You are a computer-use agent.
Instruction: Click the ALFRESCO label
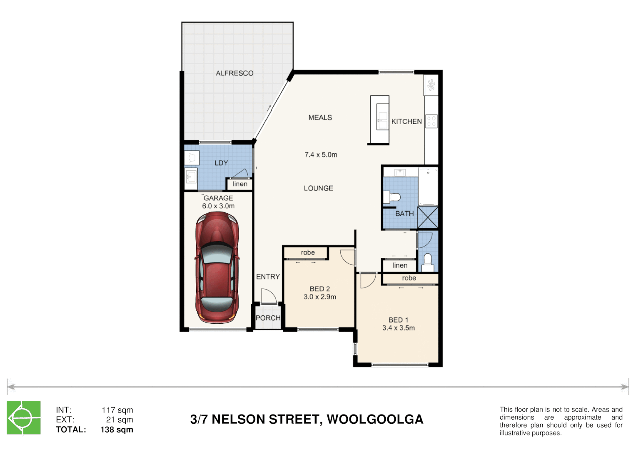[234, 73]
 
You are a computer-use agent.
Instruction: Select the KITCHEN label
[407, 122]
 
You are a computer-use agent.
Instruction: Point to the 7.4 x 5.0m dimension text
[321, 155]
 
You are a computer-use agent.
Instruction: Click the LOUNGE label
[318, 188]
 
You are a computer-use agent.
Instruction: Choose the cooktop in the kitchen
[431, 121]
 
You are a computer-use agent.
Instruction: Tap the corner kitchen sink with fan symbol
[431, 85]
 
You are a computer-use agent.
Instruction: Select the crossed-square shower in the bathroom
[428, 217]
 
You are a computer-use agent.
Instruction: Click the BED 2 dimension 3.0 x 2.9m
[320, 297]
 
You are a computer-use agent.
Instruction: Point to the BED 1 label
[398, 320]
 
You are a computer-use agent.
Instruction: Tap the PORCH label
[268, 318]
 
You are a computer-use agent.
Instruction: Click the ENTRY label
[268, 277]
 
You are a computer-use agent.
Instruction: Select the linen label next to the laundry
[240, 184]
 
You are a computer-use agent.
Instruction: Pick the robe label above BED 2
[308, 252]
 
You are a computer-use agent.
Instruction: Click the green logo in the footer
[24, 417]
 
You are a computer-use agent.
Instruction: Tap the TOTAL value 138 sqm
[117, 430]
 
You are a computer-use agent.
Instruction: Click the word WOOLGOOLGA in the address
[375, 419]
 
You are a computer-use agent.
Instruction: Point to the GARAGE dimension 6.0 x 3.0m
[218, 206]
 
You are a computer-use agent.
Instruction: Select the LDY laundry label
[221, 163]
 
